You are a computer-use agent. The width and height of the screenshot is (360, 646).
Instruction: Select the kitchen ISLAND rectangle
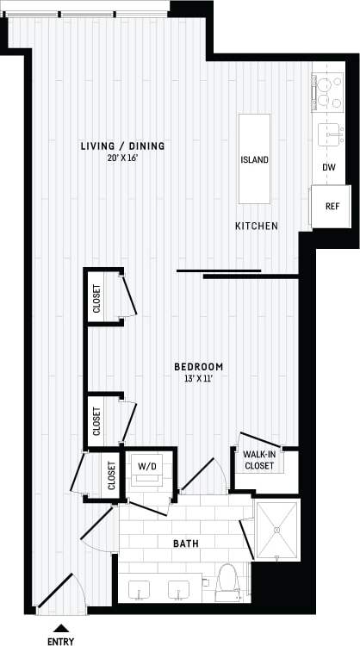pyautogui.click(x=254, y=159)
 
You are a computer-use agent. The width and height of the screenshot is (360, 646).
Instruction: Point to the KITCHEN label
pyautogui.click(x=257, y=226)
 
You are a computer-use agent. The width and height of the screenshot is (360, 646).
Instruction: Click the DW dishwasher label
pyautogui.click(x=329, y=168)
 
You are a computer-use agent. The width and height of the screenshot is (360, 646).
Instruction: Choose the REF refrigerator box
pyautogui.click(x=331, y=207)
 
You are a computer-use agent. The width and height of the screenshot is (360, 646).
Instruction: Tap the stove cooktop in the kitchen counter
pyautogui.click(x=327, y=92)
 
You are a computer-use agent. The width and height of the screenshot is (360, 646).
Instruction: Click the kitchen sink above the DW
pyautogui.click(x=329, y=135)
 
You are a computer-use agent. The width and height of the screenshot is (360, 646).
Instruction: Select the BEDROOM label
pyautogui.click(x=199, y=365)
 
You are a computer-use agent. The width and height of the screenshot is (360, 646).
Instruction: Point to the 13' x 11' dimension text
pyautogui.click(x=199, y=378)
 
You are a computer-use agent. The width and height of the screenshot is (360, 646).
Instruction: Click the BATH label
pyautogui.click(x=184, y=544)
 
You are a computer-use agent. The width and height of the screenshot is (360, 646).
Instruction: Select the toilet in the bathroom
pyautogui.click(x=227, y=583)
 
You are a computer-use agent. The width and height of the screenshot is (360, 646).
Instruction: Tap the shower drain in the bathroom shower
pyautogui.click(x=276, y=528)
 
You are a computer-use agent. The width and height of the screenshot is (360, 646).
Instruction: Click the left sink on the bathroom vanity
pyautogui.click(x=140, y=591)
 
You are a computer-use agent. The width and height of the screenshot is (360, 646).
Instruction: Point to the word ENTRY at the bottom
pyautogui.click(x=60, y=640)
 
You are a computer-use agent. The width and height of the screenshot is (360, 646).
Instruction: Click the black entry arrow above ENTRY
pyautogui.click(x=60, y=626)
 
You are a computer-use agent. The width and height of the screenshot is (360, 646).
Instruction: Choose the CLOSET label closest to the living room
pyautogui.click(x=96, y=299)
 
